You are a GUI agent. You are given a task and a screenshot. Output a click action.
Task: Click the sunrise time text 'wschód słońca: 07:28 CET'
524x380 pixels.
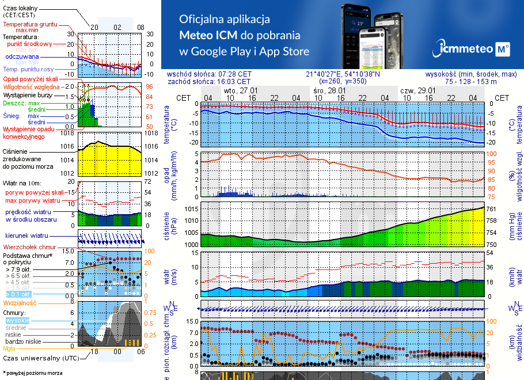click(217, 74)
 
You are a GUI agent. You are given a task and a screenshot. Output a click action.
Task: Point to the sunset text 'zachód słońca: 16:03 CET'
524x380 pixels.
click(217, 82)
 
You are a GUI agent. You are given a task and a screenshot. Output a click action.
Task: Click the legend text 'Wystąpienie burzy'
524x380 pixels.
click(28, 94)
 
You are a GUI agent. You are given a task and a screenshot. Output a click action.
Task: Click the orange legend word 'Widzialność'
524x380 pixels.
click(20, 302)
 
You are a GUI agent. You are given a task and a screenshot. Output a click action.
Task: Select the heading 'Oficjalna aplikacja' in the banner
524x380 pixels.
click(225, 20)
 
